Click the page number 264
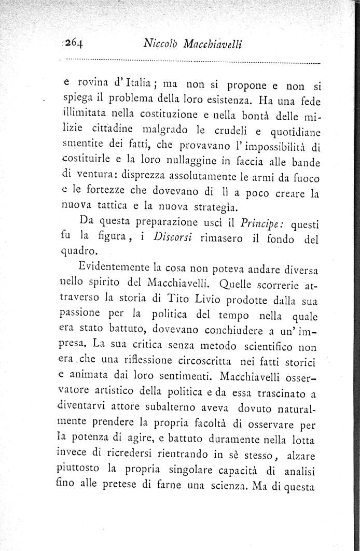click(75, 43)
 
